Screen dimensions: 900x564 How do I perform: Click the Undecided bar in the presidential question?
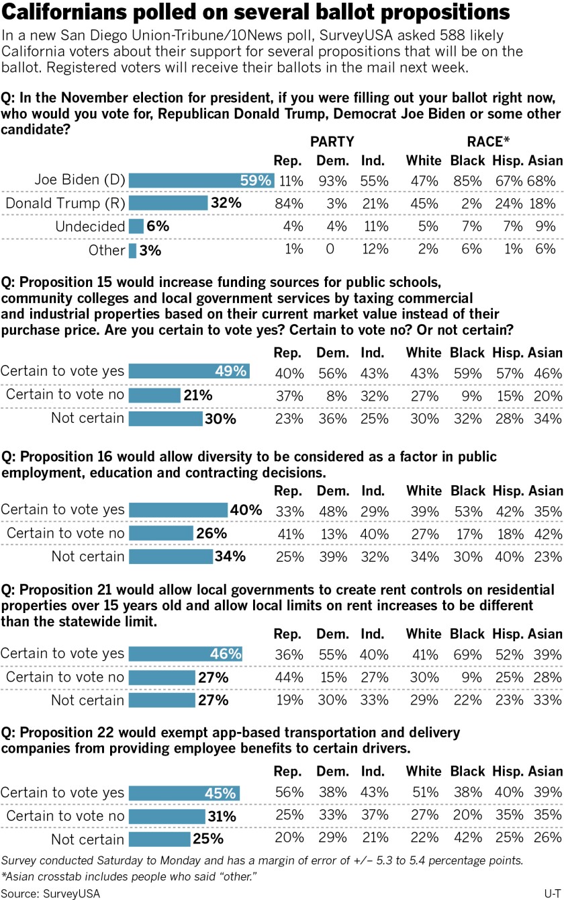[x=136, y=227]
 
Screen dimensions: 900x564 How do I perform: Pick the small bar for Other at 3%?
[x=132, y=250]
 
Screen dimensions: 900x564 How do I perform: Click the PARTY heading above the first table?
[x=332, y=141]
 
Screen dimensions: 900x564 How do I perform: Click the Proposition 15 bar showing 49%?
[x=189, y=371]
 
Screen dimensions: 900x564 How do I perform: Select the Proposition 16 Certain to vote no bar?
[x=161, y=533]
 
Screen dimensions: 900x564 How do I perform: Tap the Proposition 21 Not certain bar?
[x=161, y=700]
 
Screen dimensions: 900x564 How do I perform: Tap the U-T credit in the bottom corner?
[x=549, y=893]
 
